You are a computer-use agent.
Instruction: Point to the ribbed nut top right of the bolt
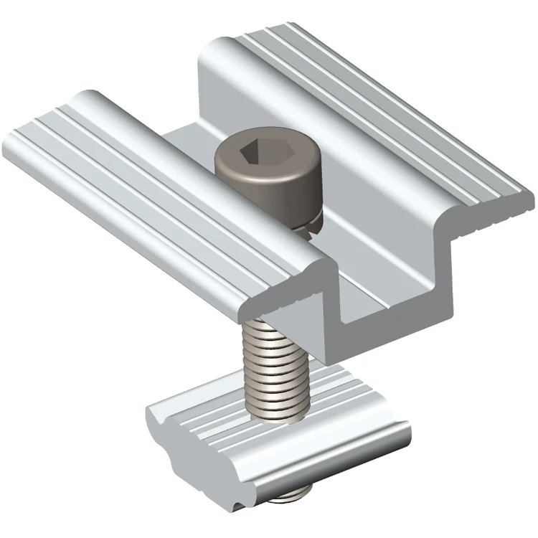(344, 402)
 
